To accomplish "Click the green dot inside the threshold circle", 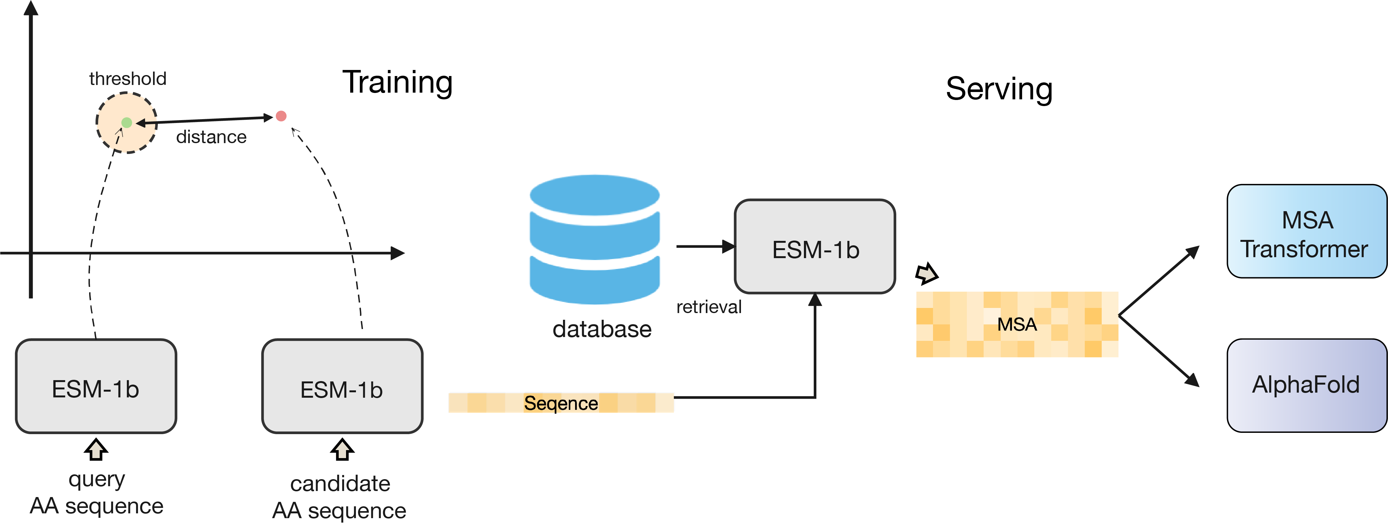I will [127, 123].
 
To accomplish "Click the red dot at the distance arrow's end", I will [281, 116].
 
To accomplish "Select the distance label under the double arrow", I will [211, 137].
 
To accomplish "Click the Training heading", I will [397, 82].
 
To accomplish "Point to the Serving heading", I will [999, 89].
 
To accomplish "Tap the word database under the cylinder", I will [601, 329].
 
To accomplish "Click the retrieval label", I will [709, 307].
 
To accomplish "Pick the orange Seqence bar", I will [561, 403].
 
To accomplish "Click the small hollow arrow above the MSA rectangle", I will [926, 274].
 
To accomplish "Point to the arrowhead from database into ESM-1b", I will [728, 246].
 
